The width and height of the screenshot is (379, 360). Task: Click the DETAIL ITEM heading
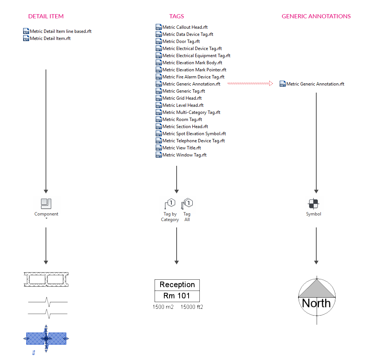pyautogui.click(x=46, y=16)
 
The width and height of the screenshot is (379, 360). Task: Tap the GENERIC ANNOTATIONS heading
pyautogui.click(x=316, y=16)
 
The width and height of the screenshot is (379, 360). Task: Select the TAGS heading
pyautogui.click(x=176, y=16)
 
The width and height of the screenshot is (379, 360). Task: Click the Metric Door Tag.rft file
pyautogui.click(x=181, y=41)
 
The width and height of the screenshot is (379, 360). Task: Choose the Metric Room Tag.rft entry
pyautogui.click(x=182, y=120)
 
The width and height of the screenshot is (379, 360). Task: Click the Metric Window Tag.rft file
pyautogui.click(x=184, y=155)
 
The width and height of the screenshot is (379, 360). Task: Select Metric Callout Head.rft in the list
pyautogui.click(x=185, y=27)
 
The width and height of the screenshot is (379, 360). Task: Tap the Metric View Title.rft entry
pyautogui.click(x=181, y=148)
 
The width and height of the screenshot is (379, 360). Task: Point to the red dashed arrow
pyautogui.click(x=250, y=84)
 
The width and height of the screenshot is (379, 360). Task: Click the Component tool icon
pyautogui.click(x=46, y=204)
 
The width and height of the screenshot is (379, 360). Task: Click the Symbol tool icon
pyautogui.click(x=314, y=204)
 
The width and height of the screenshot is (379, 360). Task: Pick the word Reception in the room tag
pyautogui.click(x=177, y=285)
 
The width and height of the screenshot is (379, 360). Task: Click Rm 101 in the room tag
pyautogui.click(x=177, y=296)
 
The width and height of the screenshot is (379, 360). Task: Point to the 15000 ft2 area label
pyautogui.click(x=192, y=307)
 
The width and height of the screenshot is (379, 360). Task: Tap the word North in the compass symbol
pyautogui.click(x=316, y=303)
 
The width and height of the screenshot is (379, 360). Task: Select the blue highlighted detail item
pyautogui.click(x=46, y=338)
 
